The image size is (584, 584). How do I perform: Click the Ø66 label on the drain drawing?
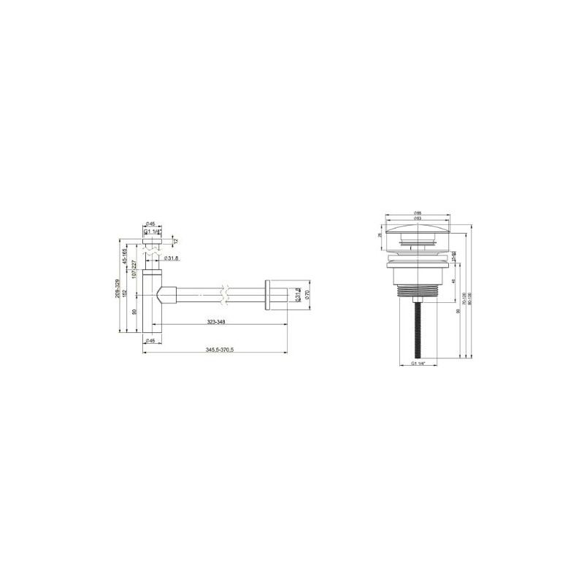419,213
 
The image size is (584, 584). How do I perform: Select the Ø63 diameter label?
419,218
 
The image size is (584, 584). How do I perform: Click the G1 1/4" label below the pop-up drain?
418,363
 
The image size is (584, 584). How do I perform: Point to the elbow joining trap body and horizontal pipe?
166,296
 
